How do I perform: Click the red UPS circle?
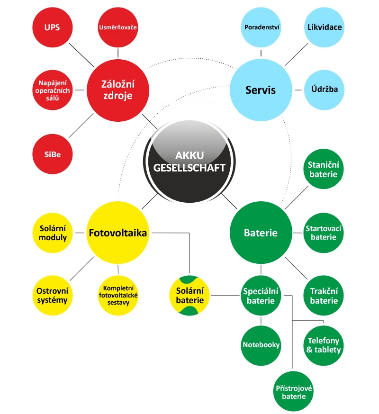click(x=52, y=27)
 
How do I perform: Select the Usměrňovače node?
click(x=118, y=27)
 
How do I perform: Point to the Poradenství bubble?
click(x=262, y=27)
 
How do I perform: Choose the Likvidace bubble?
click(x=325, y=27)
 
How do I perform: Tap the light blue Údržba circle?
click(x=325, y=89)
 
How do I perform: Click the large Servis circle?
click(x=261, y=89)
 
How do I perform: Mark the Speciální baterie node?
click(x=261, y=296)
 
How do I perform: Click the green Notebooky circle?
click(x=261, y=345)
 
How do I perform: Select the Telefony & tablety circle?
click(x=325, y=345)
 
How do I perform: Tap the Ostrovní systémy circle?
click(x=52, y=296)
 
